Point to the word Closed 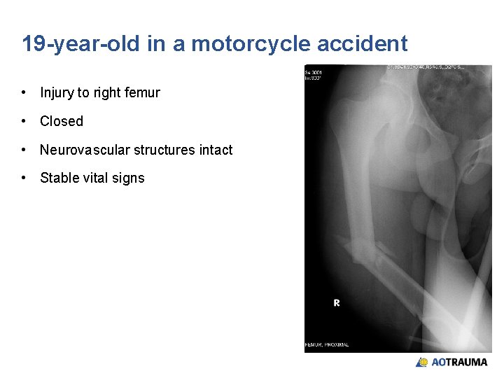click(62, 121)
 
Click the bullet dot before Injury click(24, 92)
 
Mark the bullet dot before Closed click(24, 121)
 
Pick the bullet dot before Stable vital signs click(24, 178)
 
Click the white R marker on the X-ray click(337, 303)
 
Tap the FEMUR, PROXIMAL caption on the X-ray click(327, 344)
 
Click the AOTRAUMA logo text click(459, 363)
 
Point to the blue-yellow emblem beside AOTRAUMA click(422, 363)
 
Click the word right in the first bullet click(106, 92)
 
